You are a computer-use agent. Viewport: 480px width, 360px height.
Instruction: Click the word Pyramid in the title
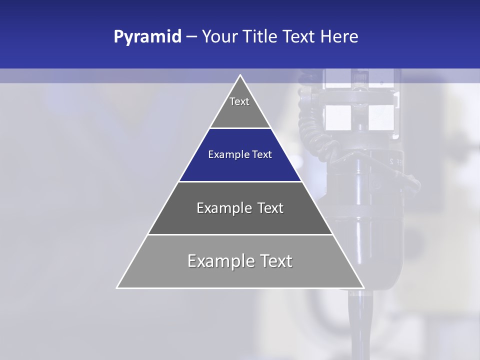click(x=147, y=37)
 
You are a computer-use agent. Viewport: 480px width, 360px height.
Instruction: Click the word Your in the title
click(x=218, y=37)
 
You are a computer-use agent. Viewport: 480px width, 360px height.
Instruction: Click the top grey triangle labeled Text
click(x=240, y=107)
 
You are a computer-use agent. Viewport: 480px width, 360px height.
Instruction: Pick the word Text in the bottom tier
click(x=273, y=261)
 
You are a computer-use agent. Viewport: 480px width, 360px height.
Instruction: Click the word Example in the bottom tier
click(x=219, y=261)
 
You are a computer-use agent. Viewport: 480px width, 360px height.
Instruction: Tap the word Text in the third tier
click(x=270, y=208)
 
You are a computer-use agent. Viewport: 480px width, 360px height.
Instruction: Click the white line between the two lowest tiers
click(x=240, y=234)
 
